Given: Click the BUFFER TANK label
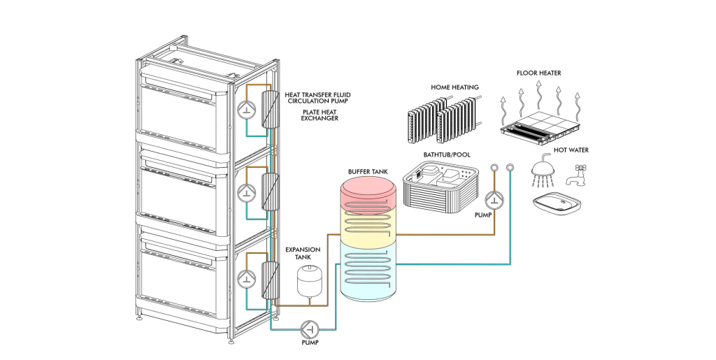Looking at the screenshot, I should tap(366, 171).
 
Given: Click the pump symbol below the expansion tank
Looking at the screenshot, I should tap(309, 328).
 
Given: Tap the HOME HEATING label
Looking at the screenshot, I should tap(454, 88).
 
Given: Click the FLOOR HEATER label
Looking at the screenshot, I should tap(538, 73).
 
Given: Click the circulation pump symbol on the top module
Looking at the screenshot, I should tap(245, 110).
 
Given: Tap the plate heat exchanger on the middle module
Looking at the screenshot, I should tap(267, 191).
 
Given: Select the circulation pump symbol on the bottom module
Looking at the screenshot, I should tap(245, 278).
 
